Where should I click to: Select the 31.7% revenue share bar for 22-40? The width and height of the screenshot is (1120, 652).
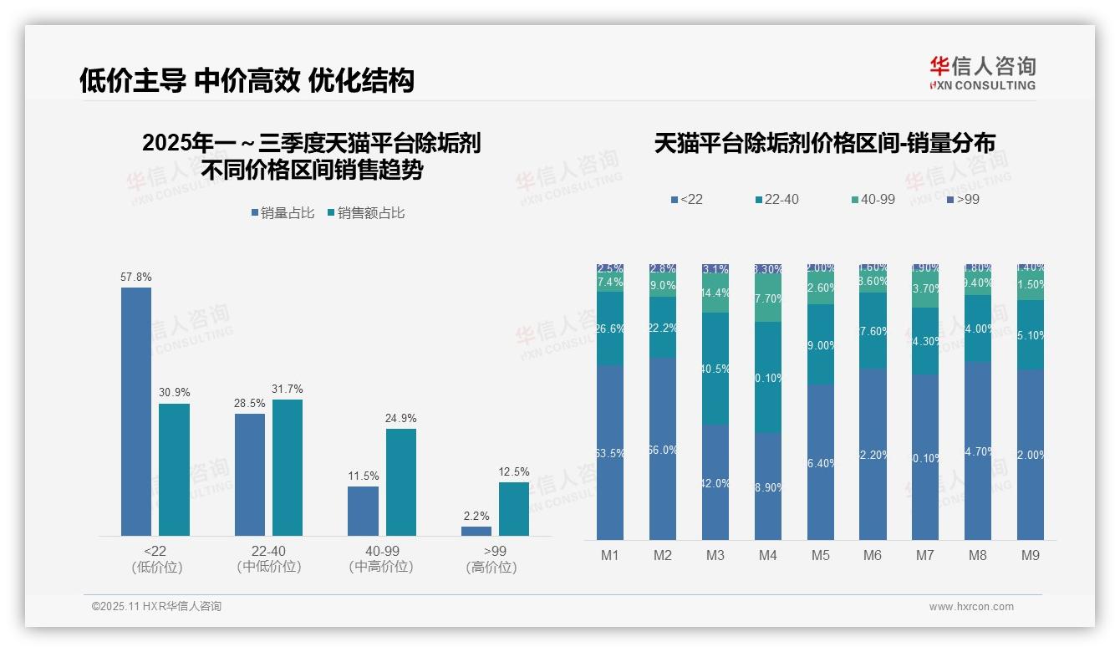tap(288, 467)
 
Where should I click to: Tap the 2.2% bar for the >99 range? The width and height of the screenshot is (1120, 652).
tap(476, 531)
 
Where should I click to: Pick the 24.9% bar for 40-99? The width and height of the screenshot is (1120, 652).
tap(401, 482)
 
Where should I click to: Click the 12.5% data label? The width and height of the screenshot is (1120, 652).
tap(514, 471)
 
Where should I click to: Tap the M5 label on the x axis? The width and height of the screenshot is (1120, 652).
tap(820, 555)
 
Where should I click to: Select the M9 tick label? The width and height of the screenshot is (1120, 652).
tap(1031, 555)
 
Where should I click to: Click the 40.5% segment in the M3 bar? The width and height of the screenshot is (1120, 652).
tap(715, 369)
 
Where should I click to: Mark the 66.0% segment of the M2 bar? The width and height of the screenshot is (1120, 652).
tap(663, 449)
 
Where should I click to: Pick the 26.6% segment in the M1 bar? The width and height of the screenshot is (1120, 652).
tap(610, 329)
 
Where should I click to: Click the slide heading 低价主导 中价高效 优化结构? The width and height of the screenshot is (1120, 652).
tap(247, 80)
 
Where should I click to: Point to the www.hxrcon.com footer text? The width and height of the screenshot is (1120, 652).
tap(971, 607)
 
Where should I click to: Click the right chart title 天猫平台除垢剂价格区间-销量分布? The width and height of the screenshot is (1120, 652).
tap(824, 143)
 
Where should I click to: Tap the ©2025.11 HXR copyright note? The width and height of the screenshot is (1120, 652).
tap(156, 607)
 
